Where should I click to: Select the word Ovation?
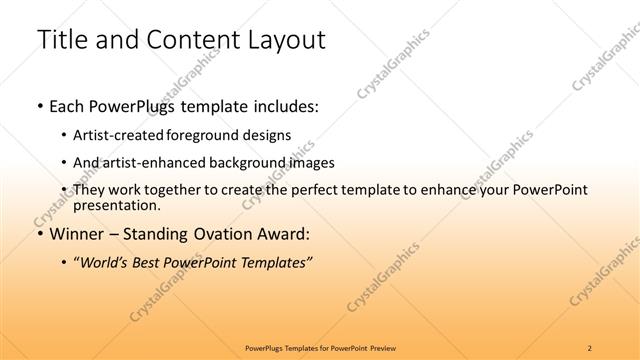point(228,234)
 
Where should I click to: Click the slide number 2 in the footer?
point(590,347)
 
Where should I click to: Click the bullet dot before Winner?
point(39,235)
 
